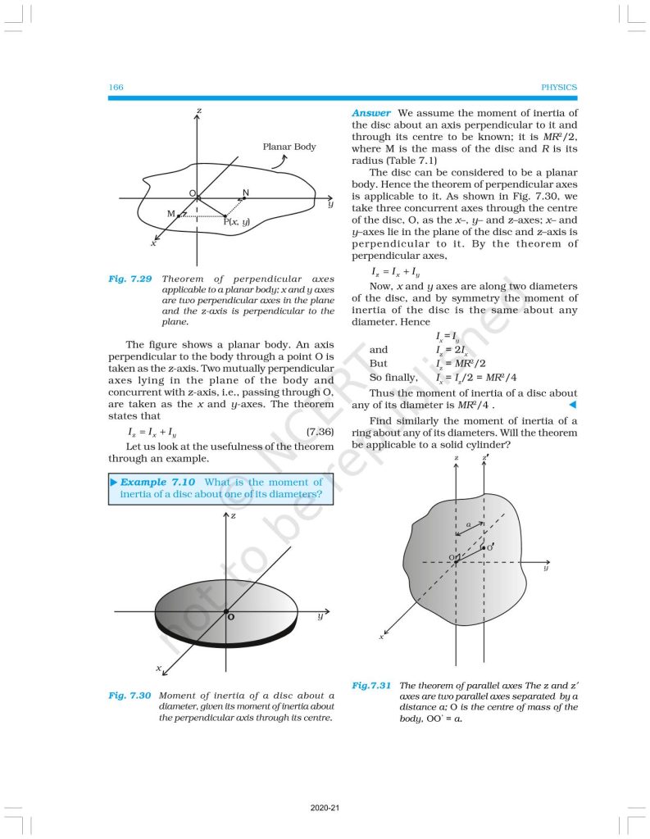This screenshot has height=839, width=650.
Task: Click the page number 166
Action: pyautogui.click(x=115, y=88)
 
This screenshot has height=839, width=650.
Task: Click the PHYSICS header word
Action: pyautogui.click(x=560, y=88)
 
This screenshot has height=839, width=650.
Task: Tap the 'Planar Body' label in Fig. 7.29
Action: pyautogui.click(x=289, y=147)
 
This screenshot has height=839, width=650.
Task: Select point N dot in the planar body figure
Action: pyautogui.click(x=243, y=197)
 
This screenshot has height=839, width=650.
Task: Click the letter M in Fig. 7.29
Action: pyautogui.click(x=170, y=214)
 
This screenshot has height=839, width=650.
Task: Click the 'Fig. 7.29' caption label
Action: pyautogui.click(x=130, y=279)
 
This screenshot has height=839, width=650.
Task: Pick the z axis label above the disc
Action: pyautogui.click(x=234, y=516)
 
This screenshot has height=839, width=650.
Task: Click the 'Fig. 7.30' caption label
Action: pyautogui.click(x=130, y=695)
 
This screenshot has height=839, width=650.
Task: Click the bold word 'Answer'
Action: pyautogui.click(x=371, y=112)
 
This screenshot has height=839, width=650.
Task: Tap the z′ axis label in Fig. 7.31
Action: pyautogui.click(x=487, y=456)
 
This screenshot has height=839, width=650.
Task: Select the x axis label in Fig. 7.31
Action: pyautogui.click(x=381, y=636)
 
